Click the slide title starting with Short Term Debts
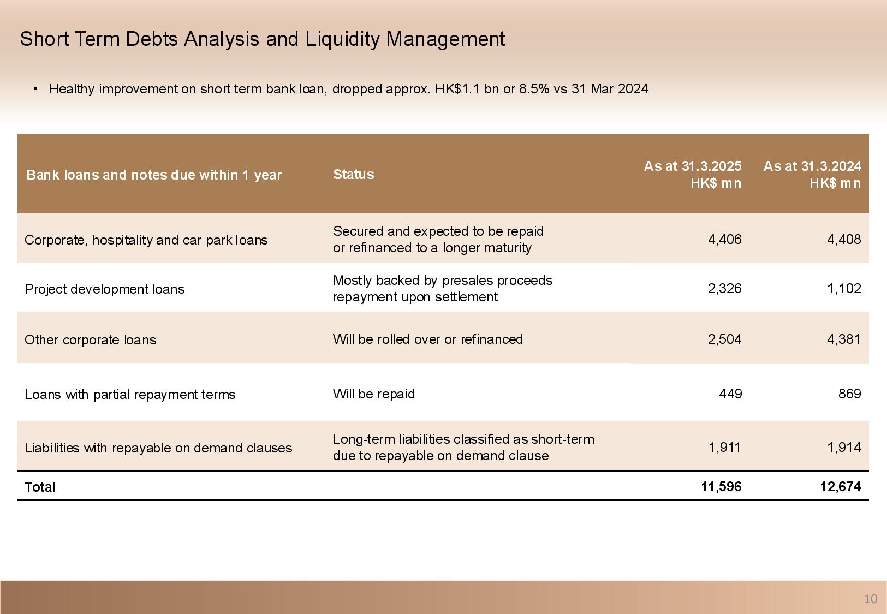click(x=262, y=39)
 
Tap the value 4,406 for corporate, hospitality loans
click(x=724, y=239)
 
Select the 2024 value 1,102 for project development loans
click(x=844, y=288)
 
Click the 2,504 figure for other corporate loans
click(x=724, y=339)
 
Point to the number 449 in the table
click(x=730, y=394)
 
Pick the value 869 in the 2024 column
click(x=849, y=394)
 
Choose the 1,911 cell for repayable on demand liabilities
click(x=724, y=448)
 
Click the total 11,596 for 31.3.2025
click(x=721, y=486)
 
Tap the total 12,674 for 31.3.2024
click(x=840, y=486)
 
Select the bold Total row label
click(x=40, y=487)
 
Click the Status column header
click(x=353, y=174)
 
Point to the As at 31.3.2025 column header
click(x=692, y=174)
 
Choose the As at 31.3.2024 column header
click(x=812, y=174)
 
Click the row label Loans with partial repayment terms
click(x=130, y=394)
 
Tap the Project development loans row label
click(x=105, y=289)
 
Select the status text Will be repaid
click(x=373, y=394)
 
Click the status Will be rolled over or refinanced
click(x=427, y=339)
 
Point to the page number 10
click(x=870, y=599)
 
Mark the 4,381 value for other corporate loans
click(x=844, y=339)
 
